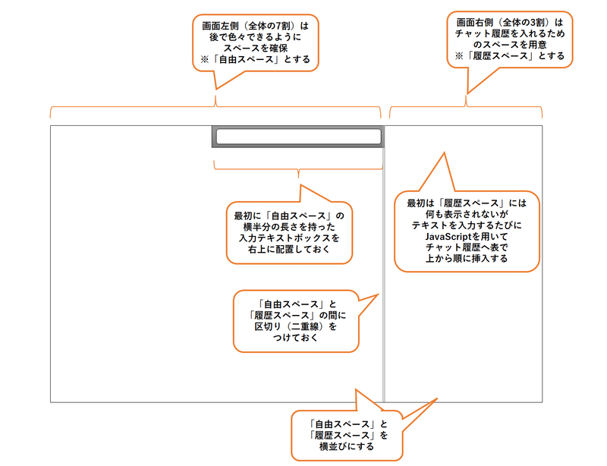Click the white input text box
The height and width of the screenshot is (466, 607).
[x=298, y=137]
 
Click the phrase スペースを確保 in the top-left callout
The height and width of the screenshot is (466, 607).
[x=256, y=49]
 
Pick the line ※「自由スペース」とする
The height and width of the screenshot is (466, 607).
[x=256, y=60]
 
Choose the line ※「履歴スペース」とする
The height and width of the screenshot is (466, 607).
[x=510, y=56]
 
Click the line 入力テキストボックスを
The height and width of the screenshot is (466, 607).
[x=289, y=238]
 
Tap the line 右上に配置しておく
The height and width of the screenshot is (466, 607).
[x=289, y=249]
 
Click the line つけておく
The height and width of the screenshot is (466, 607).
[x=296, y=338]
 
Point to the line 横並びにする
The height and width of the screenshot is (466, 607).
[x=347, y=446]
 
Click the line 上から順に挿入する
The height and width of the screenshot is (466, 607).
[x=467, y=258]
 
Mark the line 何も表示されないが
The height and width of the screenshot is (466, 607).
[x=467, y=214]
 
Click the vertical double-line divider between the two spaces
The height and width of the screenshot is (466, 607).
[x=384, y=271]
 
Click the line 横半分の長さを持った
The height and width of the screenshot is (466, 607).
[x=289, y=227]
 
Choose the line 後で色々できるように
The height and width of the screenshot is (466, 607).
[x=256, y=37]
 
